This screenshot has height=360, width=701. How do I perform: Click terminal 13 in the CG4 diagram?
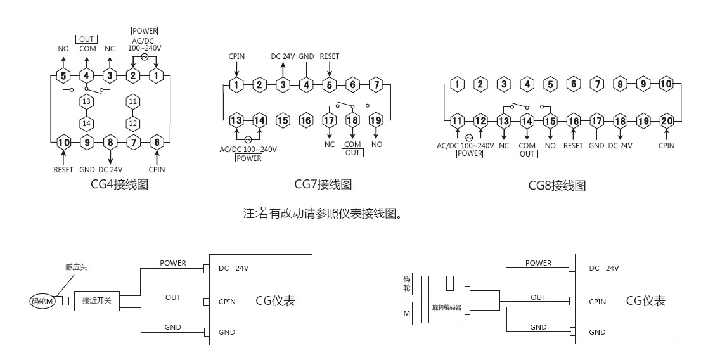coord(86,101)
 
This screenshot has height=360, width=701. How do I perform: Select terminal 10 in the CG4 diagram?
coord(63,143)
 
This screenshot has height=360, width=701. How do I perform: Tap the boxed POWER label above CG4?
coord(145,31)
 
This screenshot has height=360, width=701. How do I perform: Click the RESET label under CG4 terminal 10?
coord(63,170)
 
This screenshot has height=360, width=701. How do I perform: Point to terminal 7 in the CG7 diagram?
coord(376,84)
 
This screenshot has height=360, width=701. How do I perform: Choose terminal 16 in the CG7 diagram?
coord(305,120)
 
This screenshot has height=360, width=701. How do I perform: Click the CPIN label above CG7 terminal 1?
coord(236,56)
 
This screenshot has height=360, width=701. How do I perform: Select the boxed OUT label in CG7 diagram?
coord(352,153)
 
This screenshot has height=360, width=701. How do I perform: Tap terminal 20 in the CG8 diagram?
coord(667,121)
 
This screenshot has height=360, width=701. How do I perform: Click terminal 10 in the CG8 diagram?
coord(666,84)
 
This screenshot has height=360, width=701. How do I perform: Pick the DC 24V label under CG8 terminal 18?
coord(621,146)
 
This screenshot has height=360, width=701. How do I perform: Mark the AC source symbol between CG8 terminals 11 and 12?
coord(468,138)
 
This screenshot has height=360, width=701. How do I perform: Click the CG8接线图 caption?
coord(556,185)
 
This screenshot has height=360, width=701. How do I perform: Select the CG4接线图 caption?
coord(119,184)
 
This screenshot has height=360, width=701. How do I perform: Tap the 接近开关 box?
coord(96,301)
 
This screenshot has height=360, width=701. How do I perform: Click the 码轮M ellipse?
coord(42,302)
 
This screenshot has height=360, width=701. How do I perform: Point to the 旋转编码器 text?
coord(446,307)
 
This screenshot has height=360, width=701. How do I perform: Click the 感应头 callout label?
coord(76,267)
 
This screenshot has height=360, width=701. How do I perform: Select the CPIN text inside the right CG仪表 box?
coord(597,302)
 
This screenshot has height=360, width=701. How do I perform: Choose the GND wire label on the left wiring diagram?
coord(172,327)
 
